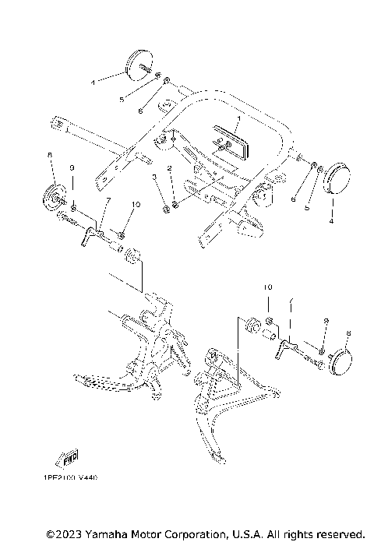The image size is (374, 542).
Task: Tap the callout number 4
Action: coord(331,222)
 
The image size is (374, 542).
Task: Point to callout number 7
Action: coord(108,202)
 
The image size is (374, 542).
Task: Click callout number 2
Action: coord(167,168)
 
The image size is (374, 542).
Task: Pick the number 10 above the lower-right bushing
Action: coord(266,288)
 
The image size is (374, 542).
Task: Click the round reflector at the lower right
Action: coord(340,359)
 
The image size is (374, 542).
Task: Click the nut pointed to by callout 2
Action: coord(175,206)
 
